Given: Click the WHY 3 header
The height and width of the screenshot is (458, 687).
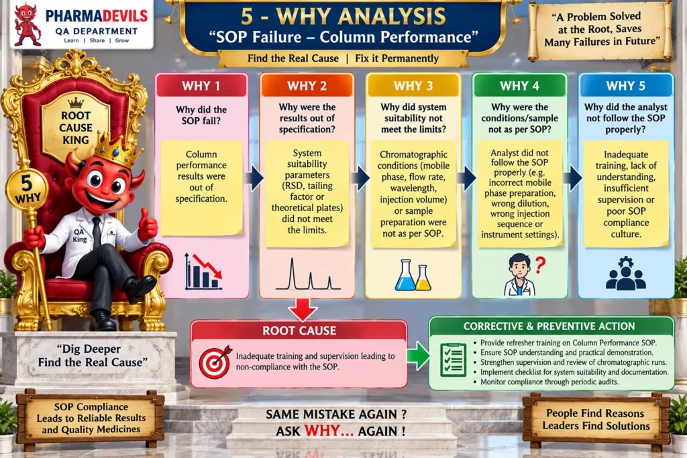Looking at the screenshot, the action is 413,85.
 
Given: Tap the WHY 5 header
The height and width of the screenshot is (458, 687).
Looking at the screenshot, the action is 626,85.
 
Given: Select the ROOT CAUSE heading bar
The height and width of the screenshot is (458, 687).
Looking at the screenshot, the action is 299,330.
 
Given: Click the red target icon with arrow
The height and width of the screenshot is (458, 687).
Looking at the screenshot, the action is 215,361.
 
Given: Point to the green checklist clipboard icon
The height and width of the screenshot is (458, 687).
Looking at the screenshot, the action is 453,359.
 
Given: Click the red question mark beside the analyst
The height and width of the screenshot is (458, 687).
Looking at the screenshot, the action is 540,266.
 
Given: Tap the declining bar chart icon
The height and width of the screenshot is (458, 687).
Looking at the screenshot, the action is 203,272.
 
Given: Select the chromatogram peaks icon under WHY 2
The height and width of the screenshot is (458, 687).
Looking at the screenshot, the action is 307,274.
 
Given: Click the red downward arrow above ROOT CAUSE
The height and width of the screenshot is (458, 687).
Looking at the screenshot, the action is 303,308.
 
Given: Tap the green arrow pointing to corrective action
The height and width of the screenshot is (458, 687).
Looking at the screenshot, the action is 419,355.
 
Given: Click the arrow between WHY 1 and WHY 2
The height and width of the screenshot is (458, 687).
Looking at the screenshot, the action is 254,178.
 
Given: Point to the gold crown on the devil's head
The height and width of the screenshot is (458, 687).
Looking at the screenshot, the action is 117,150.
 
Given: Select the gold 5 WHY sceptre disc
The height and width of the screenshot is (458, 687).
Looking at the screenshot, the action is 27,189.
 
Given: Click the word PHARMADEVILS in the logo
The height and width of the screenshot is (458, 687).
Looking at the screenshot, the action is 97,16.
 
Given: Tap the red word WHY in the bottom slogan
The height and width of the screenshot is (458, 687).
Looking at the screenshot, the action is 322,431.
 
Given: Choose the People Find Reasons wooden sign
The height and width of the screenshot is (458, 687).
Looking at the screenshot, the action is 596,419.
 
